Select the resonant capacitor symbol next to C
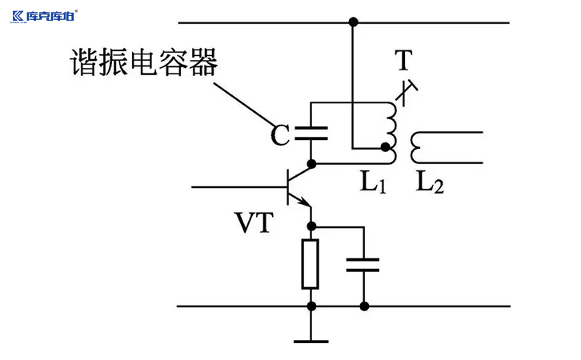311,133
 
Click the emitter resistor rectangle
311,263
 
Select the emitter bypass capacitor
364,265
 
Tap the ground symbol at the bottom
311,339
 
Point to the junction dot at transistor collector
311,163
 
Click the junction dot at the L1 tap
386,148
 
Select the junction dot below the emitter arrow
311,226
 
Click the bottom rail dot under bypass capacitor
364,306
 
